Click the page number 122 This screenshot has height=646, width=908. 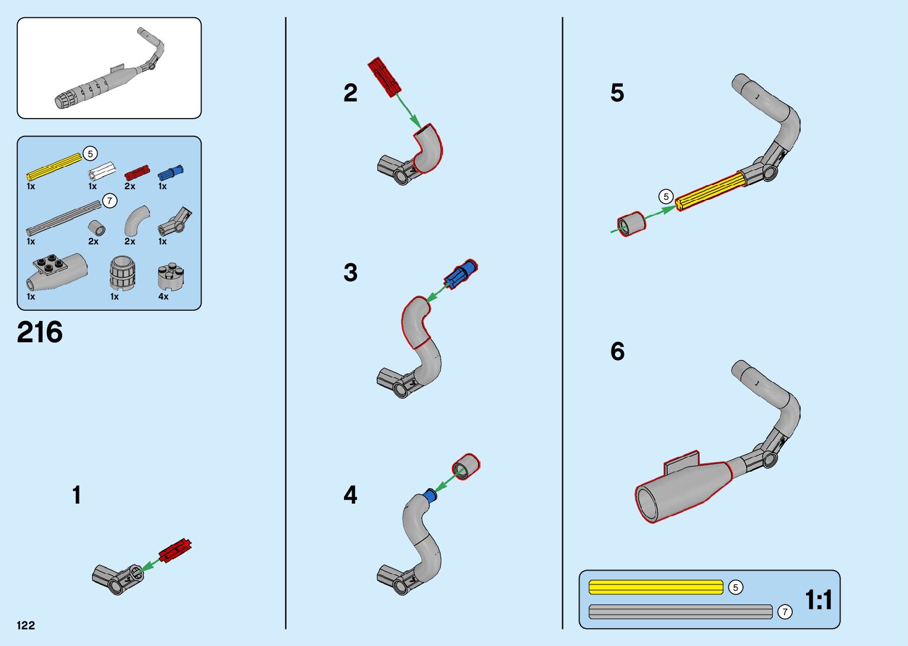[x=26, y=625]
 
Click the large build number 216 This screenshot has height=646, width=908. [x=40, y=332]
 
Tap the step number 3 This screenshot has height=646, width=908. [x=351, y=273]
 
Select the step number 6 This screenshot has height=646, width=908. [x=617, y=352]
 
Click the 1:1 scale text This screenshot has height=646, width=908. [x=818, y=600]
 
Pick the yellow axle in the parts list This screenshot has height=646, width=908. [x=54, y=167]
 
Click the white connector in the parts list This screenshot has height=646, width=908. [x=101, y=171]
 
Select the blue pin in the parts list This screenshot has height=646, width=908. [x=170, y=173]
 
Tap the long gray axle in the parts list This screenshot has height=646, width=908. [x=63, y=218]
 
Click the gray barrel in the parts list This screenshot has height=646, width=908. [x=123, y=273]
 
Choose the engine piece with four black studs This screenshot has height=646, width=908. [x=56, y=270]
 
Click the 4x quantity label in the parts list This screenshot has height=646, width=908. [x=163, y=297]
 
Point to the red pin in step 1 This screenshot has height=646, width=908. [x=176, y=550]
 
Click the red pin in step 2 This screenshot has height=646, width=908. [x=384, y=77]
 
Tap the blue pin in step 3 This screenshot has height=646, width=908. [x=461, y=274]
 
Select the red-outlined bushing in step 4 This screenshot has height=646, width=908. [x=466, y=466]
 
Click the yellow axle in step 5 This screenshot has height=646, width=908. [x=710, y=190]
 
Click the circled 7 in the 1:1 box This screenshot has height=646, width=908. [x=785, y=612]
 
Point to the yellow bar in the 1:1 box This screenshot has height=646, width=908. [x=655, y=587]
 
